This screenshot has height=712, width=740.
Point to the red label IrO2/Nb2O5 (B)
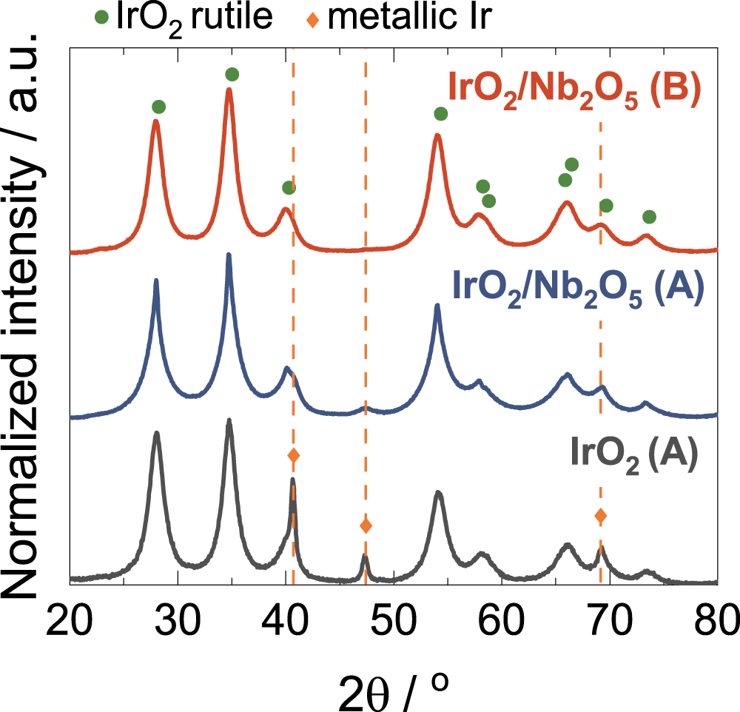[x=574, y=95]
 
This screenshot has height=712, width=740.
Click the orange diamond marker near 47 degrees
[x=366, y=525]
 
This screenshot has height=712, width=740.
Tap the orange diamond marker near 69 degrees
[x=601, y=515]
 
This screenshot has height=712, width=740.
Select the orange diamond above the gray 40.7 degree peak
[x=293, y=455]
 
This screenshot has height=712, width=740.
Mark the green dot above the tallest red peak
[x=232, y=74]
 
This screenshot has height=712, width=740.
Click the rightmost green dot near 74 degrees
[x=649, y=217]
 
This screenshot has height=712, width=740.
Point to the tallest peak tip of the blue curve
[x=229, y=255]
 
